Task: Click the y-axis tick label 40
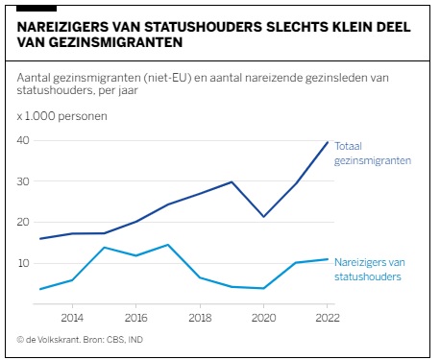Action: (x=23, y=140)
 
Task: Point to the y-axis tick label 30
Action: (x=23, y=181)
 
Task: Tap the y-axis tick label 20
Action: (x=23, y=222)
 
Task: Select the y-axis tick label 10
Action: (x=24, y=263)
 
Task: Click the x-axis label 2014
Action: (x=72, y=318)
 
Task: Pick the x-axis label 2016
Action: (x=135, y=318)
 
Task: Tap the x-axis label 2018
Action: (x=200, y=318)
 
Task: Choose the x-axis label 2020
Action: (x=263, y=318)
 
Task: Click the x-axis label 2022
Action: (x=328, y=318)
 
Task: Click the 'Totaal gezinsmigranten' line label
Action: (x=373, y=154)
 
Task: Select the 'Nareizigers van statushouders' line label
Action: (x=370, y=270)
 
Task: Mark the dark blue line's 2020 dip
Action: (x=263, y=217)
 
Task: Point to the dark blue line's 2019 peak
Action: (x=232, y=181)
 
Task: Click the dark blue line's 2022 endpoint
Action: (x=328, y=142)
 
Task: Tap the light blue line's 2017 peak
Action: (x=168, y=245)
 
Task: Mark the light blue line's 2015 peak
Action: (x=104, y=248)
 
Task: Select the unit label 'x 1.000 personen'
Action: (x=62, y=116)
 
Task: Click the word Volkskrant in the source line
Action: (x=59, y=340)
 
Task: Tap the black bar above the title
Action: (x=37, y=9)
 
